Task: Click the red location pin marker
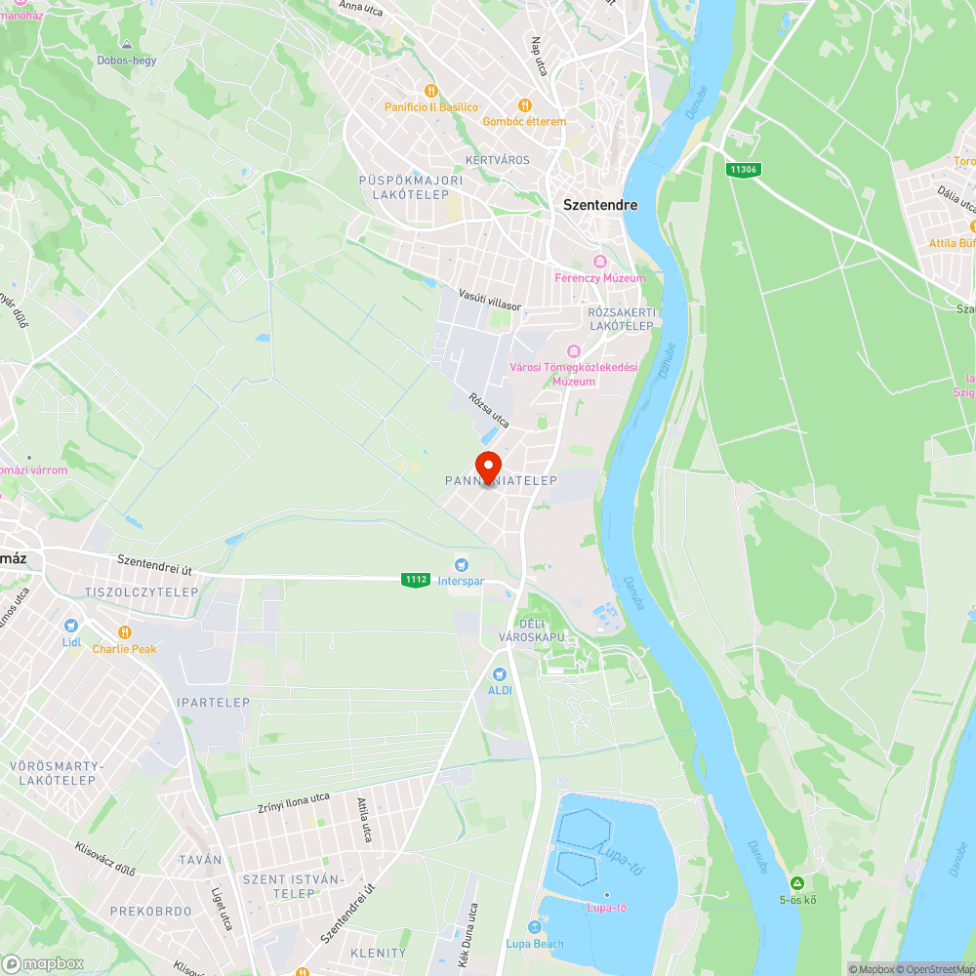488,466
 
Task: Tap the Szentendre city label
600,205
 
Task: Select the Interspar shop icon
462,564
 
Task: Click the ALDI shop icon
500,673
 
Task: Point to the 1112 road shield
415,580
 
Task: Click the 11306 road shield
743,170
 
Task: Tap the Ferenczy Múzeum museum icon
599,262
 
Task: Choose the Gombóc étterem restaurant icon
524,105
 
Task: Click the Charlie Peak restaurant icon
124,632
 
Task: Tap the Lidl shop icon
70,626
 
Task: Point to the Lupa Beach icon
534,927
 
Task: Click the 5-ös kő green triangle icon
797,882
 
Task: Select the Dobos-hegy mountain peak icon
126,45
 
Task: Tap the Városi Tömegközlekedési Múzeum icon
574,350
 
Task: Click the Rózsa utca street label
489,410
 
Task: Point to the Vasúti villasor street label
490,299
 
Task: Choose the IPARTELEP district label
214,703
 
